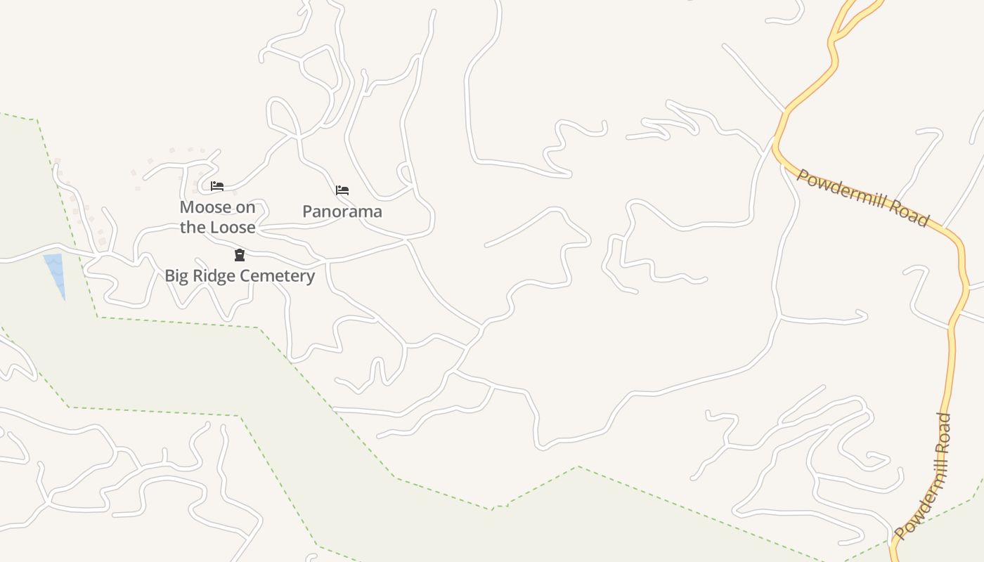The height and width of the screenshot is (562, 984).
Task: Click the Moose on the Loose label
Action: coord(217,217)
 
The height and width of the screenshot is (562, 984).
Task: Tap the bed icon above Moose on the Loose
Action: coord(217,186)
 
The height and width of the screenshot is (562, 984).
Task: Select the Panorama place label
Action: coord(342,211)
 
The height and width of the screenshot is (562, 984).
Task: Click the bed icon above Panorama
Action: coord(342,190)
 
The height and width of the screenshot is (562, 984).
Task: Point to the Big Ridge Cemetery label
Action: coord(240,275)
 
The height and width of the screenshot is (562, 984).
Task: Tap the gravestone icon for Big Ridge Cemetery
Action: coord(240,255)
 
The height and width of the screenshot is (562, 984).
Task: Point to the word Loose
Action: coord(232,227)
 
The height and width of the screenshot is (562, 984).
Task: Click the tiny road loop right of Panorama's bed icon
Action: coord(405,172)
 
